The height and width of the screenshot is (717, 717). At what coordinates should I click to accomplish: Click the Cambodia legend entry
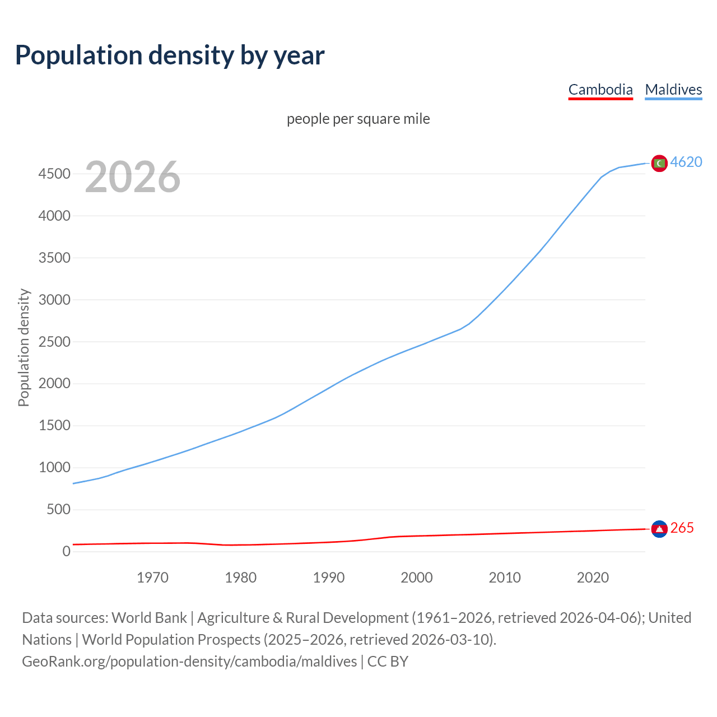[600, 90]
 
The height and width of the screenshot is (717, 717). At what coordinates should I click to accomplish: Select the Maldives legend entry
[673, 90]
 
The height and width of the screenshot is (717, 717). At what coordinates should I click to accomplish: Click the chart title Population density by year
[170, 55]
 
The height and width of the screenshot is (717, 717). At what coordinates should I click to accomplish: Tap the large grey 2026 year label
[133, 177]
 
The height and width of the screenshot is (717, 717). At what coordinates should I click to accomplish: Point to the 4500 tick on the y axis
[54, 174]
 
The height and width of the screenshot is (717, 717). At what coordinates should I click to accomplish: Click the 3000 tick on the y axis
[54, 300]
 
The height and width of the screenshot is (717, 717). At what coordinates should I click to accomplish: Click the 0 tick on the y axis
[67, 551]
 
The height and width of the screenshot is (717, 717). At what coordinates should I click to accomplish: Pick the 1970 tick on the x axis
[152, 578]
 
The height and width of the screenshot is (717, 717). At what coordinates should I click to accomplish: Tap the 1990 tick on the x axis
[329, 578]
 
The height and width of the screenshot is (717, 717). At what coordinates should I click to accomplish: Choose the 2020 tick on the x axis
[593, 578]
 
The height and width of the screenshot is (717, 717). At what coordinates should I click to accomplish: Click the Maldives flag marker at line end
[659, 163]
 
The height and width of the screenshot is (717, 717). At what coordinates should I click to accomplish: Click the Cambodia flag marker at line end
[659, 528]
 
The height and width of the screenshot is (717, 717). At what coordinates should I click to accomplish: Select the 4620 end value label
[686, 162]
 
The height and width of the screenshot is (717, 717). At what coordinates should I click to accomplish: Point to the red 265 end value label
[682, 528]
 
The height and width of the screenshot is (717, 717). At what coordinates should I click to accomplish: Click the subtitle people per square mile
[358, 119]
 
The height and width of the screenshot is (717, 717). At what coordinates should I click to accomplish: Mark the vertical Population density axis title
[24, 347]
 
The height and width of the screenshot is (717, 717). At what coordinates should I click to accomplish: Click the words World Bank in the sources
[149, 618]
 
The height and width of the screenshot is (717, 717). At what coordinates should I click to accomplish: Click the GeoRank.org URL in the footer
[189, 662]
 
